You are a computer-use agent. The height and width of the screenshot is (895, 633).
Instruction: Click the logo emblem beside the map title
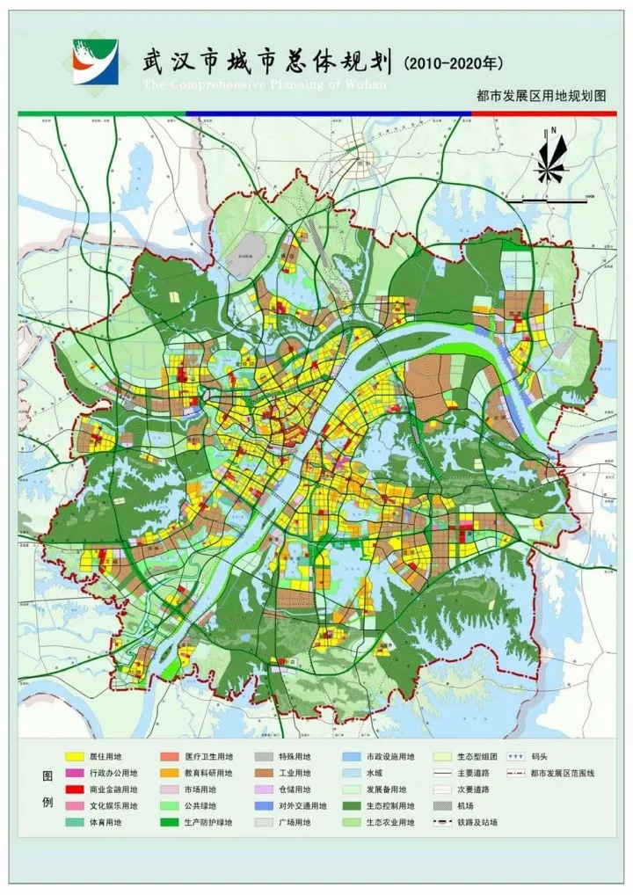click(x=95, y=62)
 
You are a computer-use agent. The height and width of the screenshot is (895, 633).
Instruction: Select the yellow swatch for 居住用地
click(x=75, y=756)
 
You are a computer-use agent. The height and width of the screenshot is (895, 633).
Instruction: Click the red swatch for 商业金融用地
click(x=75, y=789)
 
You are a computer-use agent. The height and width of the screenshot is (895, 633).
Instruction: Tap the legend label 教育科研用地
click(x=208, y=773)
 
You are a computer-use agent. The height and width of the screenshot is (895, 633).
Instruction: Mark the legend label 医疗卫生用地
click(x=208, y=756)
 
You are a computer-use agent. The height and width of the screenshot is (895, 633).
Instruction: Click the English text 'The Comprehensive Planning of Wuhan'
click(x=265, y=84)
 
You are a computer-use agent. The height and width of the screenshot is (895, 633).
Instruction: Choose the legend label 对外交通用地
click(x=302, y=805)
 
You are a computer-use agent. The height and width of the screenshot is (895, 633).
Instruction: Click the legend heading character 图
click(x=47, y=776)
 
